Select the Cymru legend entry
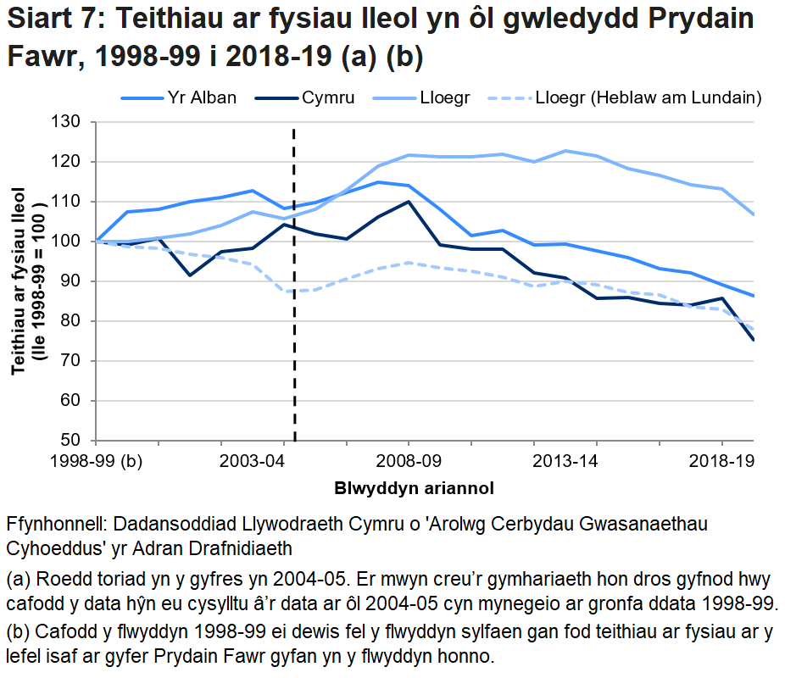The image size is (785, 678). (327, 97)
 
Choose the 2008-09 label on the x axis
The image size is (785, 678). (409, 464)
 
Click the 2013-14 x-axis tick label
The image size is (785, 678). (534, 464)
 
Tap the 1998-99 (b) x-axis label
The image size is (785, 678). (95, 464)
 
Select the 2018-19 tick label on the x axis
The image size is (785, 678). (722, 464)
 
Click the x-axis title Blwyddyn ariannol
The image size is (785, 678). (414, 488)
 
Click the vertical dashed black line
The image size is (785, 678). (294, 339)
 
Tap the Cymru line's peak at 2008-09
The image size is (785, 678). (409, 202)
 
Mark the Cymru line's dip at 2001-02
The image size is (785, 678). (190, 275)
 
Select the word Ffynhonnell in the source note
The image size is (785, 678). (54, 523)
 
